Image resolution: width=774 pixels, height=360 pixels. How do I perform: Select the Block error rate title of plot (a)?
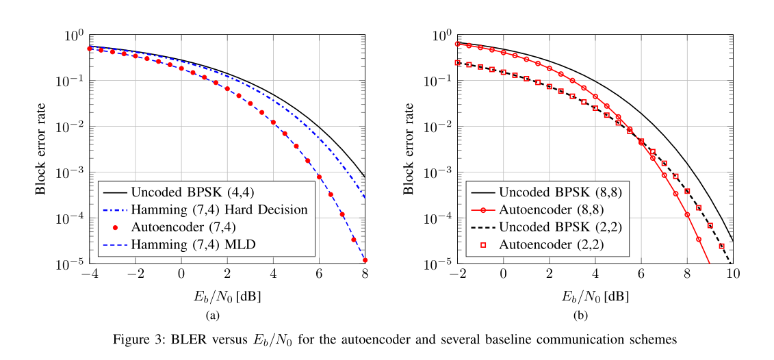42,149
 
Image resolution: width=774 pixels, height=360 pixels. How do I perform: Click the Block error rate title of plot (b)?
409,149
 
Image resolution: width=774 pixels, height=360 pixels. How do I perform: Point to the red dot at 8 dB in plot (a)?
365,260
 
